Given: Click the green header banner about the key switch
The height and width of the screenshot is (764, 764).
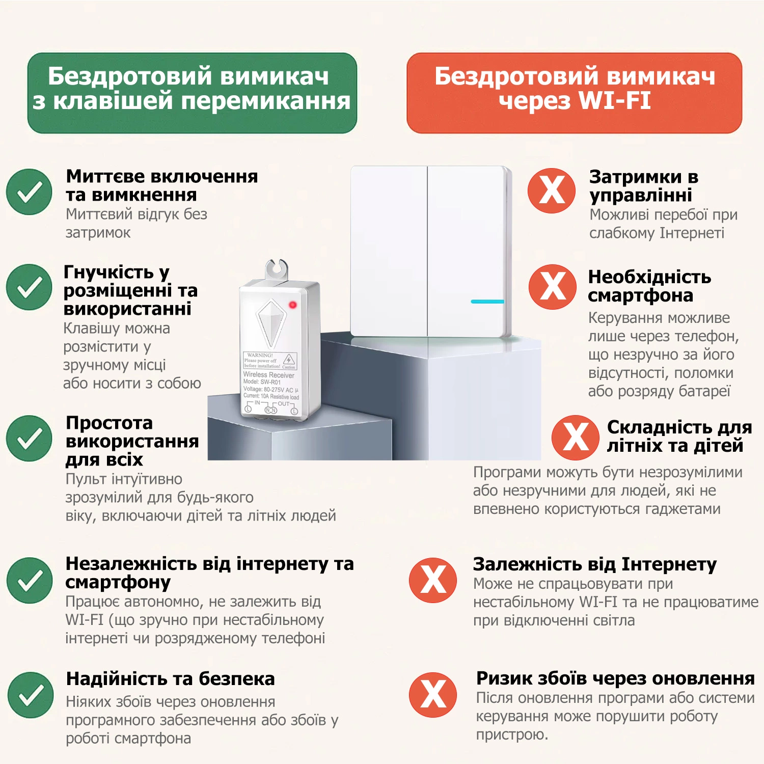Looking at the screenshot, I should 192,93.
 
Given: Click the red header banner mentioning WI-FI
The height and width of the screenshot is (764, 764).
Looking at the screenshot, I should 574,93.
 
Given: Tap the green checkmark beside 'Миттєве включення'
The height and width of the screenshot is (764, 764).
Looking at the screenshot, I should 29,192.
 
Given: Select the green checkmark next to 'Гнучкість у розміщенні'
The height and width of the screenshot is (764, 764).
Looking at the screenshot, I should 29,287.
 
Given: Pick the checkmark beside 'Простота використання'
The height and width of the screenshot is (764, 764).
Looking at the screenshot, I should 29,438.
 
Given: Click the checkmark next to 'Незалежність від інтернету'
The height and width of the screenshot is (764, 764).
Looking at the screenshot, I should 30,580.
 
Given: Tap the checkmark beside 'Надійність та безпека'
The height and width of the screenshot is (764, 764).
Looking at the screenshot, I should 31,695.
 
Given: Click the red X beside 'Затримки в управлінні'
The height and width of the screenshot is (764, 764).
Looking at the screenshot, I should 552,190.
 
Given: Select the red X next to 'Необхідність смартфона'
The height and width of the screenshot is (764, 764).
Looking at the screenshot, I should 553,287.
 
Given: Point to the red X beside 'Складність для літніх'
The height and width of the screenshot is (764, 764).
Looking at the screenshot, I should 576,438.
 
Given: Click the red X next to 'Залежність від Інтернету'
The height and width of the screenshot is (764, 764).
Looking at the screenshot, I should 433,580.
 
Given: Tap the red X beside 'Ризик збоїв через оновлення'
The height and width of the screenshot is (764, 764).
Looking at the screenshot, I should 433,695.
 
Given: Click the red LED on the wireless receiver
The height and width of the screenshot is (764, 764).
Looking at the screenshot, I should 292,305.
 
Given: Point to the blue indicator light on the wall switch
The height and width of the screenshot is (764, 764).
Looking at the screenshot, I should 487,302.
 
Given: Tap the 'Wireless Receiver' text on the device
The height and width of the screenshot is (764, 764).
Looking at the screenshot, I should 268,375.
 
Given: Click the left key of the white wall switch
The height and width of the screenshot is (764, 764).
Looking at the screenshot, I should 389,251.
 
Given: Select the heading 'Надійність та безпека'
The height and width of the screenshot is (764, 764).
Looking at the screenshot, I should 170,678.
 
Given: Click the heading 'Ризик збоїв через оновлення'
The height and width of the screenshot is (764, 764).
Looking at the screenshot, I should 615,678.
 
